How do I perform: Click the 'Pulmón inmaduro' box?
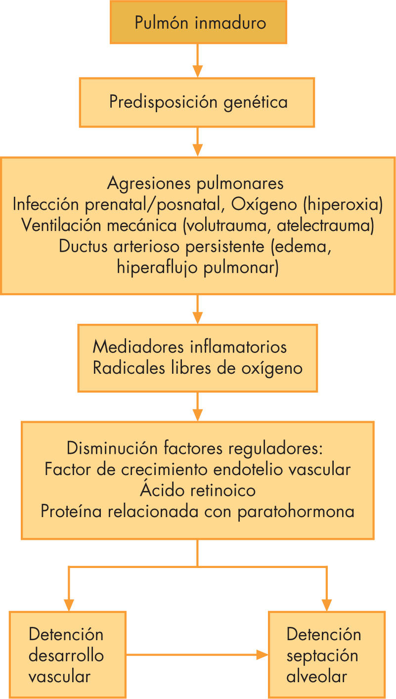[x=198, y=22]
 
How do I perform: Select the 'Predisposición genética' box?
[x=198, y=102]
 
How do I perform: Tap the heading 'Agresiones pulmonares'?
[x=195, y=183]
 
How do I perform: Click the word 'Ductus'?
[x=82, y=246]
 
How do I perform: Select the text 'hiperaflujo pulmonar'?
[x=198, y=267]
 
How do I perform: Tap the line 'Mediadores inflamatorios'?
[x=189, y=347]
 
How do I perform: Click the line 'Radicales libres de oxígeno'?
[x=197, y=368]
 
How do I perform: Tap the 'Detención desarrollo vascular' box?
[x=67, y=655]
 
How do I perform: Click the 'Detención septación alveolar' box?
[x=326, y=655]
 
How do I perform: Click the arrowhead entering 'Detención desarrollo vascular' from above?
[x=68, y=605]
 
